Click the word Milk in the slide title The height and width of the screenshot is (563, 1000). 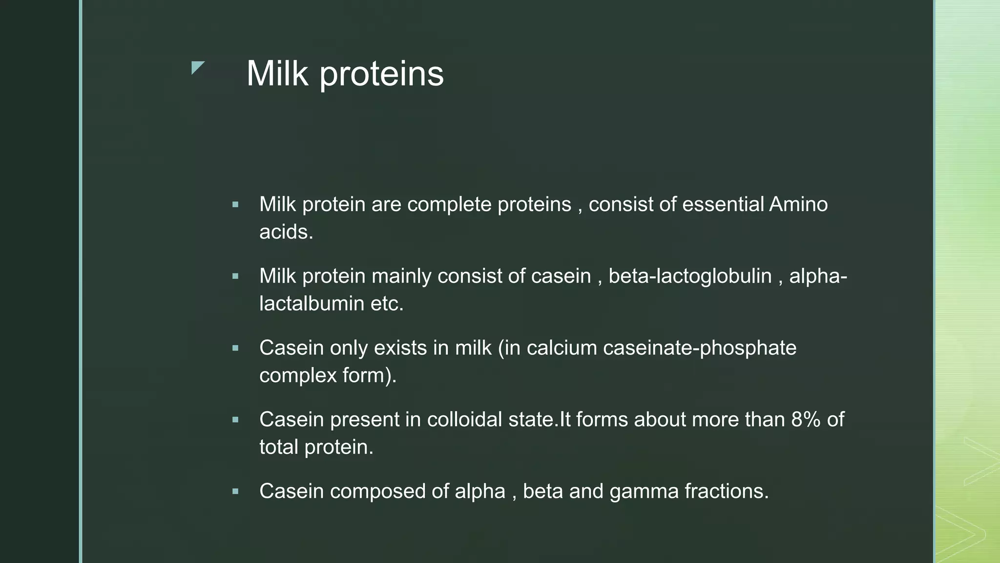click(x=277, y=74)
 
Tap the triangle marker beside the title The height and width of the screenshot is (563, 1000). click(x=197, y=67)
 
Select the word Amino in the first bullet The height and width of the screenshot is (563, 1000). click(x=798, y=204)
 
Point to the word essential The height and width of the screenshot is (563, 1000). click(x=723, y=204)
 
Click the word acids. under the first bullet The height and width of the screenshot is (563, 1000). click(x=286, y=232)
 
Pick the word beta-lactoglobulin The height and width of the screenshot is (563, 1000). click(x=690, y=276)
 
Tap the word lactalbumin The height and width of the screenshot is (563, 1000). click(x=312, y=304)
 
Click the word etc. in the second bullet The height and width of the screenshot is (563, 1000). click(x=387, y=304)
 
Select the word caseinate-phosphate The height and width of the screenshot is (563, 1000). click(x=699, y=348)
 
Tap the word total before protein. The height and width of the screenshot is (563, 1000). click(x=279, y=447)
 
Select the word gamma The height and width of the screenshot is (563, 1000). click(x=644, y=492)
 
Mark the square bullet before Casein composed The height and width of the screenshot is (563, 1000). click(x=235, y=492)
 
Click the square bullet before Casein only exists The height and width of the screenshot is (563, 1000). click(x=235, y=348)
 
